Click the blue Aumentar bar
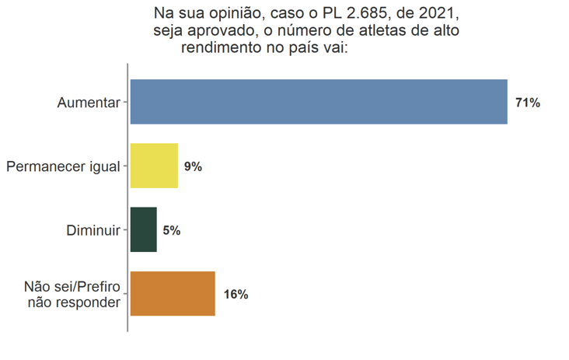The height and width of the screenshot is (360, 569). pyautogui.click(x=319, y=102)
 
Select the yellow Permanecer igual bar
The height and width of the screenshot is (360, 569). pyautogui.click(x=154, y=166)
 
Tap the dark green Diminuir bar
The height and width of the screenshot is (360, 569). pyautogui.click(x=144, y=229)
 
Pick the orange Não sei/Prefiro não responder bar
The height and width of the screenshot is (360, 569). pyautogui.click(x=173, y=294)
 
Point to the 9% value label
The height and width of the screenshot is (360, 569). pyautogui.click(x=193, y=166)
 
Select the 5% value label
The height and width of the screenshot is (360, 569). pyautogui.click(x=172, y=230)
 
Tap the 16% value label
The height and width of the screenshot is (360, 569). pyautogui.click(x=236, y=295)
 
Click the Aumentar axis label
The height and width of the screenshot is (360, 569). pyautogui.click(x=89, y=103)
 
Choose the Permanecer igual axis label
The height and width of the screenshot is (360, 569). pyautogui.click(x=63, y=166)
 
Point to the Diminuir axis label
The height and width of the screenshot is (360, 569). pyautogui.click(x=93, y=230)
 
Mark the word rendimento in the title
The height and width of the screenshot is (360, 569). pyautogui.click(x=220, y=48)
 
